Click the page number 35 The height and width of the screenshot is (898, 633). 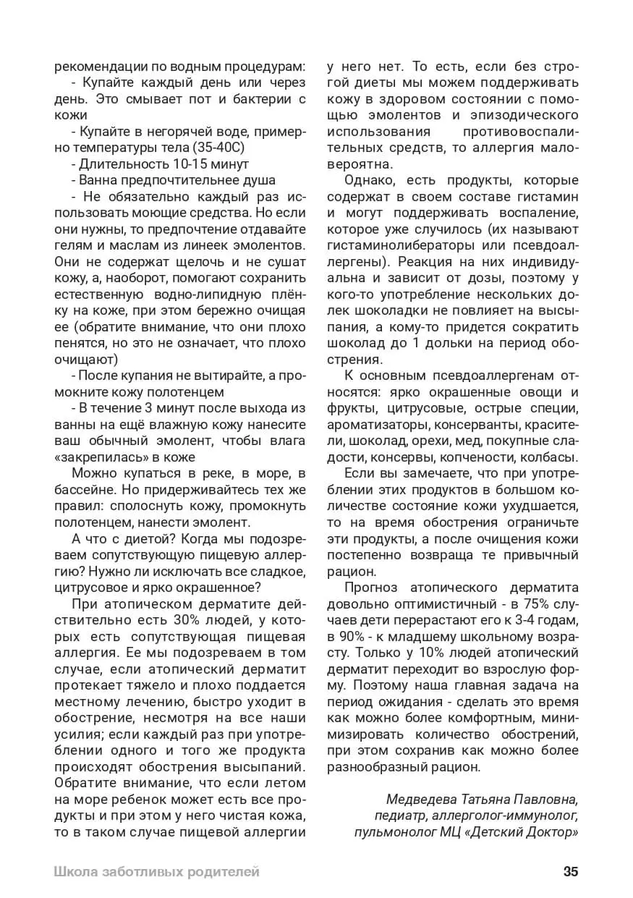pyautogui.click(x=570, y=871)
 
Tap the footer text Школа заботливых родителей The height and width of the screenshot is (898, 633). pyautogui.click(x=156, y=871)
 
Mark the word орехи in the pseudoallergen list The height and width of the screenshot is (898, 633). pyautogui.click(x=442, y=440)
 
